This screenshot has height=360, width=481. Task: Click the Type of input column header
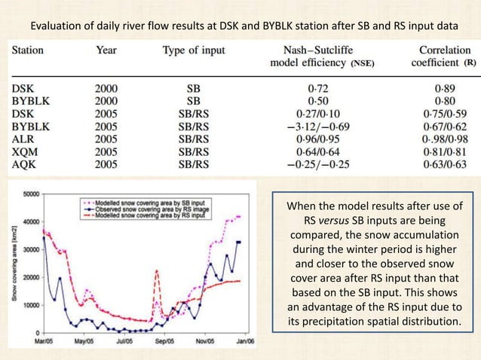pos(193,51)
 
